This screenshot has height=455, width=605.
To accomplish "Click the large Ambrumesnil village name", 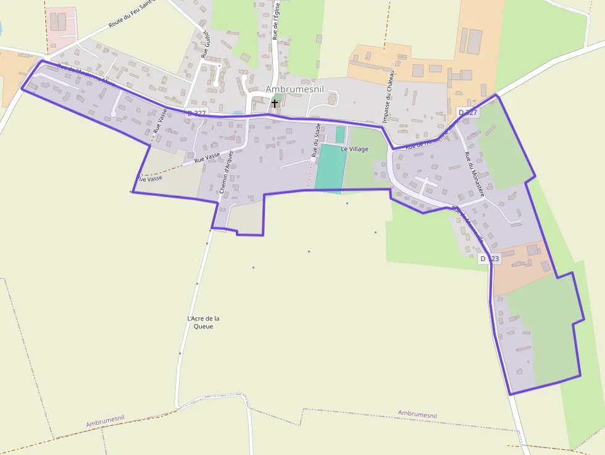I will point(294,90).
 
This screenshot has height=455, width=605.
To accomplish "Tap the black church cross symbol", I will point(275,104).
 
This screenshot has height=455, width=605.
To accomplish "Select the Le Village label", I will point(354,149).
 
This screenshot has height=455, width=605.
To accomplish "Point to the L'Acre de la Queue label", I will point(203,322).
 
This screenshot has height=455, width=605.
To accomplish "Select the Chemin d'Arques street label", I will point(227,173).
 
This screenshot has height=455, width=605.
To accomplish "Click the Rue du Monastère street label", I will point(475,174).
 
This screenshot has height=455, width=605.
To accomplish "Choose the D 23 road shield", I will point(489,259).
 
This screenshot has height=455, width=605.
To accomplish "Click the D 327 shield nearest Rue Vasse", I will point(198,113).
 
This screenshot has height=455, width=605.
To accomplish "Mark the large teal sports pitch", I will point(328,167).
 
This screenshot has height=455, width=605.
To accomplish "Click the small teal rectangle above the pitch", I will point(340,134).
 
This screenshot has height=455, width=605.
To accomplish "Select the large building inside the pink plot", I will point(57,22).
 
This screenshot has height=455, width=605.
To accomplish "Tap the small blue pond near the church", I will point(238,113).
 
